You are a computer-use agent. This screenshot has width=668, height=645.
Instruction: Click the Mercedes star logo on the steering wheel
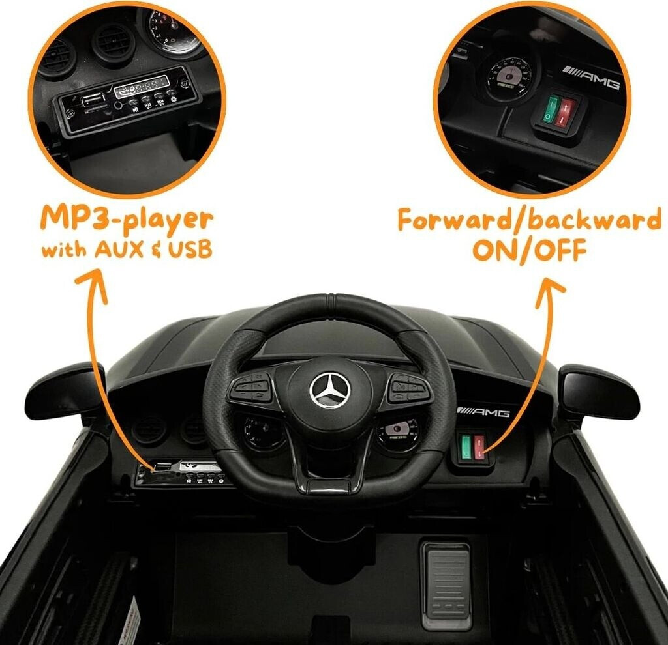[330, 390]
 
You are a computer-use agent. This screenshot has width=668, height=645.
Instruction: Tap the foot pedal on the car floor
[446, 584]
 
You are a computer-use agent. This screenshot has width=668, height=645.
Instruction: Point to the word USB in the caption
[189, 250]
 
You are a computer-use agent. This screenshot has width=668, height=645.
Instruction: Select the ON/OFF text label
[530, 250]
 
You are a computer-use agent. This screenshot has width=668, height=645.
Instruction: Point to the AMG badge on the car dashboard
[483, 411]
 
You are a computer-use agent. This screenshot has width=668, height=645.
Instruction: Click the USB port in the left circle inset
[93, 102]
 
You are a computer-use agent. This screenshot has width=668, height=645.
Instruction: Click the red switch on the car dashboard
[480, 448]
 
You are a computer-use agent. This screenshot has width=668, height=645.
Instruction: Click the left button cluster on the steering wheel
[250, 389]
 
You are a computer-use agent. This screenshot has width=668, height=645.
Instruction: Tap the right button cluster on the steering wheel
[407, 388]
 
